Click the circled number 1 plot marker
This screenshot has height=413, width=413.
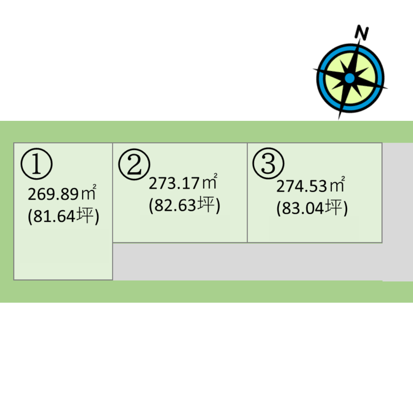[x=37, y=164]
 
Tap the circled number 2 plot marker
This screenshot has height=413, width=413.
[x=134, y=164]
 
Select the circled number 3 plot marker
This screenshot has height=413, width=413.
[x=268, y=163]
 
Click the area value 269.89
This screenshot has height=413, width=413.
[x=53, y=194]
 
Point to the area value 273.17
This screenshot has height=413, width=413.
[x=174, y=183]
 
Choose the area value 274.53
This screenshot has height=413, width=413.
[x=302, y=186]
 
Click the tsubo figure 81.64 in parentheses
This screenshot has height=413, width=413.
[x=54, y=216]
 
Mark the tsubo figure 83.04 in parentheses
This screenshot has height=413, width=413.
[x=302, y=208]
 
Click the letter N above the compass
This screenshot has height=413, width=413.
[x=362, y=33]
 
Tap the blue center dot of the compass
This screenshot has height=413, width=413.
[x=350, y=78]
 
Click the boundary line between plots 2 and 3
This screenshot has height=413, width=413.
[x=247, y=192]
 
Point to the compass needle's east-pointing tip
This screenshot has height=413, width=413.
[x=387, y=88]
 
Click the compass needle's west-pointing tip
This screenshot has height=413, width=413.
[x=314, y=69]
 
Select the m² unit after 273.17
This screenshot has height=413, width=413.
[x=210, y=182]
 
